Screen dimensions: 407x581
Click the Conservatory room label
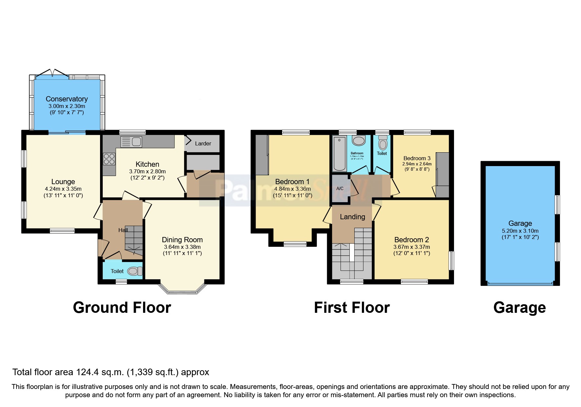[67, 99]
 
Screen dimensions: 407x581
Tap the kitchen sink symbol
[132, 142]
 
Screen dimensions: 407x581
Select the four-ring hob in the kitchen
[109, 159]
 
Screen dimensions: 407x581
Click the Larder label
[203, 143]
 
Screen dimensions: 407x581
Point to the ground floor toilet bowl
[134, 271]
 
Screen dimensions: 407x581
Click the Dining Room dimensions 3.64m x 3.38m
[182, 247]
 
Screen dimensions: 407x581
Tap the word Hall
[123, 230]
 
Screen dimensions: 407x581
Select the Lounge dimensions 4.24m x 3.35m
[63, 189]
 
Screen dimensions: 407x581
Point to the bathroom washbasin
[358, 141]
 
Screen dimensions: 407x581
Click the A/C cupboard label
[340, 188]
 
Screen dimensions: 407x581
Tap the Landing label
[352, 217]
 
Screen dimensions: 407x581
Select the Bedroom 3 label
[417, 158]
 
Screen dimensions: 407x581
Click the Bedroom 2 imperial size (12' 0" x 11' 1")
[411, 253]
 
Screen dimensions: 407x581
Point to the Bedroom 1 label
[292, 182]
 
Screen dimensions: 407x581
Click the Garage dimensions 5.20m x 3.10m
[520, 231]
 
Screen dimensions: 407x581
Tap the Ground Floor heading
[122, 308]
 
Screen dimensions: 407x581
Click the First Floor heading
[352, 308]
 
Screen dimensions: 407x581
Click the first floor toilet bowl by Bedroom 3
[383, 144]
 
